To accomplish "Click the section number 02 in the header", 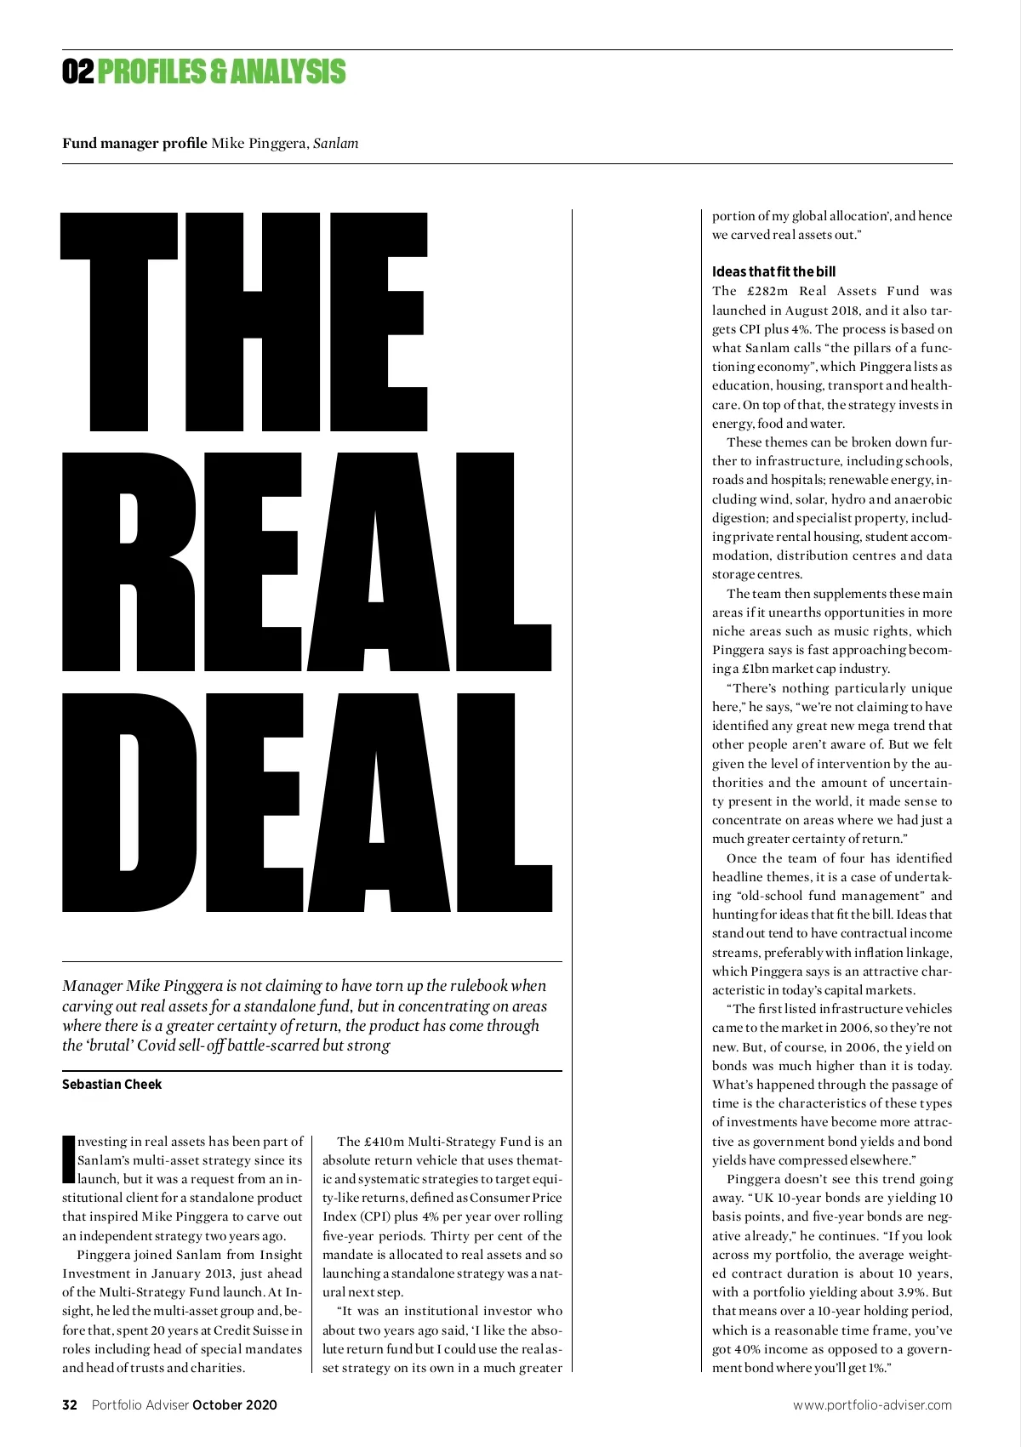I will click(77, 71).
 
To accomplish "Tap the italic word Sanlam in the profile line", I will click(335, 143).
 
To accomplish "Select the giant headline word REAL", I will click(306, 561).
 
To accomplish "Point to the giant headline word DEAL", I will click(306, 804).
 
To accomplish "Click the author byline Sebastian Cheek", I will click(111, 1085).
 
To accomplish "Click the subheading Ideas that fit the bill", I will click(773, 271).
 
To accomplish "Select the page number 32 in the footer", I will click(70, 1404).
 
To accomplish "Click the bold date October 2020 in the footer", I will click(235, 1404).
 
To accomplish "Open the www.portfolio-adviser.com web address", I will click(872, 1404).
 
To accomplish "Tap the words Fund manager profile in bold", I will click(134, 143).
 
